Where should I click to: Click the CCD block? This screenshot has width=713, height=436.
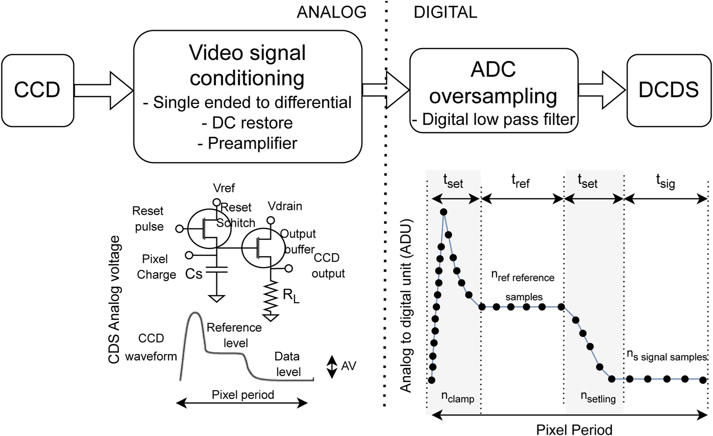click(37, 90)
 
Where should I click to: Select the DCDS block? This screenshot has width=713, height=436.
click(669, 90)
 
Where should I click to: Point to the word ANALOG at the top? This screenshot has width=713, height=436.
click(332, 12)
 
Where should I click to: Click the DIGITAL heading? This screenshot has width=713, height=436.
click(445, 12)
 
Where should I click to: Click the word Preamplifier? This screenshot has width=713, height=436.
click(252, 143)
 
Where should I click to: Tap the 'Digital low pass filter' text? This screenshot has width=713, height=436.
click(498, 120)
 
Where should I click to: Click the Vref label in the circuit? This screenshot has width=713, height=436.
click(224, 188)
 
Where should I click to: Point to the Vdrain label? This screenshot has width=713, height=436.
click(285, 206)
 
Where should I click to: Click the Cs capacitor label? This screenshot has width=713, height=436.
click(194, 274)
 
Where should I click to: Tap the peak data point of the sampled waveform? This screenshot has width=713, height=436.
click(444, 212)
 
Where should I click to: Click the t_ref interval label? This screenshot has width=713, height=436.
click(521, 181)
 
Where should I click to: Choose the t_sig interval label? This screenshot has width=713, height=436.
click(666, 181)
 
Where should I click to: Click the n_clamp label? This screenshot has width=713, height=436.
click(457, 397)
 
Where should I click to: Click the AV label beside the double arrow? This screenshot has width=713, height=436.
click(348, 366)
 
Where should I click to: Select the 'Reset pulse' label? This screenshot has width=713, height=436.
click(148, 219)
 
